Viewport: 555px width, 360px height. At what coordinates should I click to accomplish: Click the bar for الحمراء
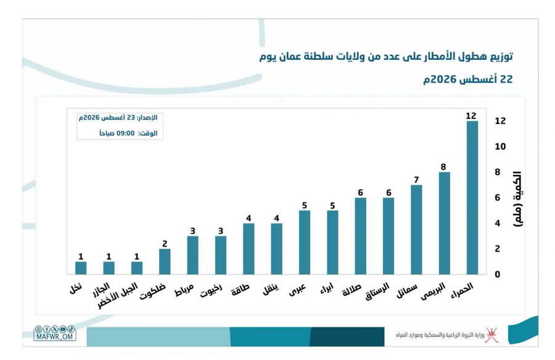[x=472, y=197]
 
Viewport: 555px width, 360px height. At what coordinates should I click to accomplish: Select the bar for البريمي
[x=444, y=223]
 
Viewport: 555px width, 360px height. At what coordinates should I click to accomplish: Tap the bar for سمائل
[x=416, y=229]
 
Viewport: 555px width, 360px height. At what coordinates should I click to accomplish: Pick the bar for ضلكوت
[x=165, y=261]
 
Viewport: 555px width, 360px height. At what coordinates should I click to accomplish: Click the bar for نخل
[x=81, y=268]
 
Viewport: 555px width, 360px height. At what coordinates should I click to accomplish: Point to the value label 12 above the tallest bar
[x=471, y=116]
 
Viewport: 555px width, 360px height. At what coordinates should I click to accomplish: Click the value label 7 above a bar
[x=416, y=180]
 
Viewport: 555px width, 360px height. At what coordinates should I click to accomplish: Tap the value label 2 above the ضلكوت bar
[x=165, y=243]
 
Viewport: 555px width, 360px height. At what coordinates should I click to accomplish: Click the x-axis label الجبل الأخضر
[x=117, y=295]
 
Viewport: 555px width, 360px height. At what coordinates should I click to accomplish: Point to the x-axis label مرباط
[x=184, y=290]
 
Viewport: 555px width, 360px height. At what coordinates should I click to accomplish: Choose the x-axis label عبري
[x=297, y=290]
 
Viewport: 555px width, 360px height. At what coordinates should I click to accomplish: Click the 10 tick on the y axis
[x=500, y=147]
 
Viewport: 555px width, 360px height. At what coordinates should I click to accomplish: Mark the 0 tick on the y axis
[x=498, y=274]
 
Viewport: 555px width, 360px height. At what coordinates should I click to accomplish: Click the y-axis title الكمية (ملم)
[x=517, y=199]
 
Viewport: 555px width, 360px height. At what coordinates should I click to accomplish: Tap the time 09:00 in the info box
[x=126, y=133]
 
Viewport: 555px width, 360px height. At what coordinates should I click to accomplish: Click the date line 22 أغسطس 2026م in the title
[x=468, y=79]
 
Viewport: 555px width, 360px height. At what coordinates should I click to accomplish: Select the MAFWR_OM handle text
[x=54, y=337]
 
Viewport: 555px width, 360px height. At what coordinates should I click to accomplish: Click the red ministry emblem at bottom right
[x=491, y=335]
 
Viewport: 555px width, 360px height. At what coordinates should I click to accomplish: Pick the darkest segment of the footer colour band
[x=347, y=337]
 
